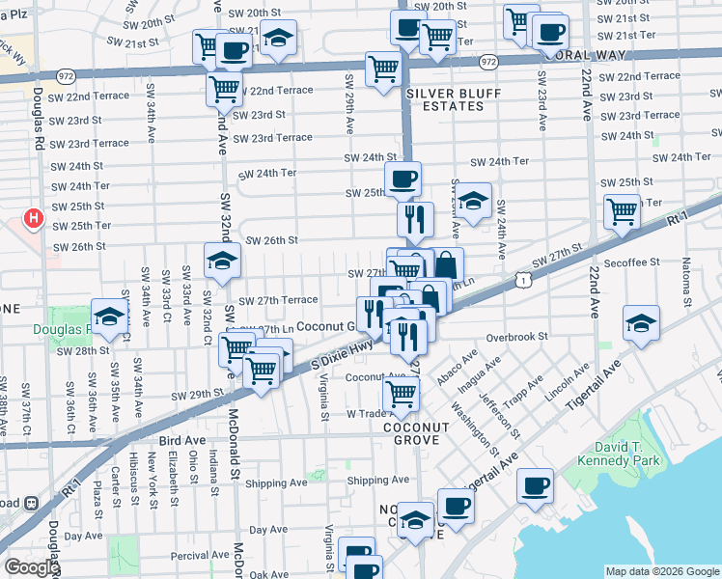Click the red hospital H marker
pyautogui.click(x=34, y=219)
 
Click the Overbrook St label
pyautogui.click(x=516, y=338)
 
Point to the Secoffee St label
pyautogui.click(x=632, y=262)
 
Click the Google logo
pyautogui.click(x=31, y=568)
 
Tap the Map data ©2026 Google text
pyautogui.click(x=660, y=571)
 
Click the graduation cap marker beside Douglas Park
pyautogui.click(x=109, y=316)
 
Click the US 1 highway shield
pyautogui.click(x=522, y=279)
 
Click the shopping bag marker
pyautogui.click(x=448, y=264)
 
